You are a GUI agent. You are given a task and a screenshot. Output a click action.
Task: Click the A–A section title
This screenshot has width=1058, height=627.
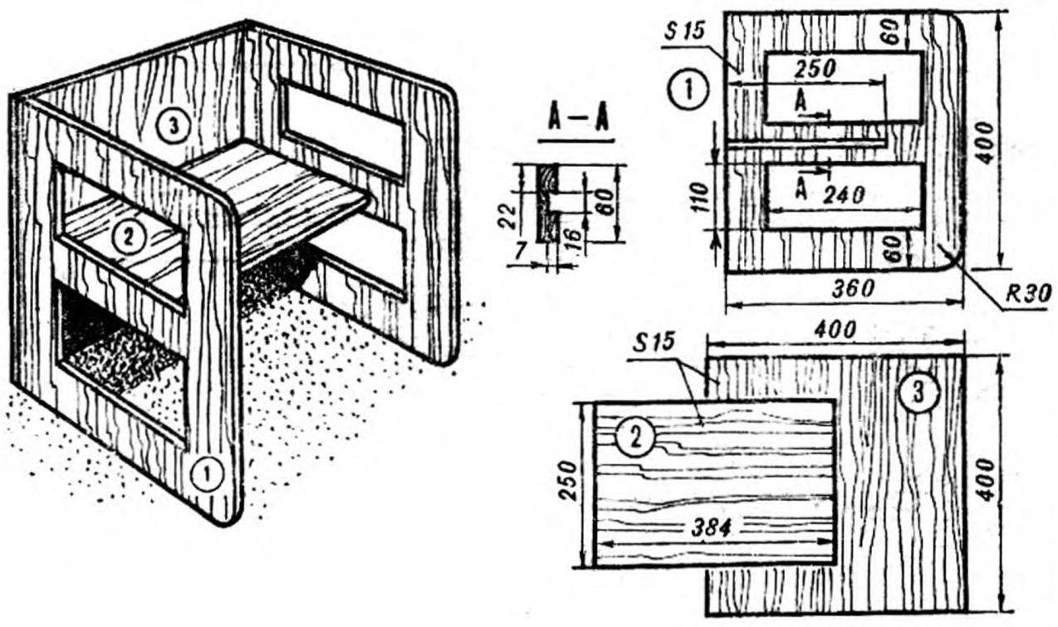pyautogui.click(x=577, y=119)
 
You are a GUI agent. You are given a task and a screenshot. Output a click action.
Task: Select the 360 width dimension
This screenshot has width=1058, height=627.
pyautogui.click(x=853, y=289)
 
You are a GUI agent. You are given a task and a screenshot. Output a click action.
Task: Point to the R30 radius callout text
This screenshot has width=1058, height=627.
pyautogui.click(x=1028, y=294)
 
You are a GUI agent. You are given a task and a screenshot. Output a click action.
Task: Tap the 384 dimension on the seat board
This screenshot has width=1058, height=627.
pyautogui.click(x=711, y=528)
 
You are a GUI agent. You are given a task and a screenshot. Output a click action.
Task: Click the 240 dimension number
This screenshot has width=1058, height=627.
pyautogui.click(x=844, y=194)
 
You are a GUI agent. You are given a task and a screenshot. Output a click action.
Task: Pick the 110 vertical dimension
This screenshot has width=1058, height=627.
pyautogui.click(x=701, y=198)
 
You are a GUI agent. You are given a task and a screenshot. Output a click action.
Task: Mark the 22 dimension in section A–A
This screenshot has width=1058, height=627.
pyautogui.click(x=509, y=217)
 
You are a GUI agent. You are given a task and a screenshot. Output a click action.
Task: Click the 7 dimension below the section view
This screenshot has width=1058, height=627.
pyautogui.click(x=519, y=252)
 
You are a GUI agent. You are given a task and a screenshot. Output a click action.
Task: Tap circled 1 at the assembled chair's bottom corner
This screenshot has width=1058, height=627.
pyautogui.click(x=207, y=474)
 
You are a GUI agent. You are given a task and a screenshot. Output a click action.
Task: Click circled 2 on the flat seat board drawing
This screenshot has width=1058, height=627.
pyautogui.click(x=635, y=438)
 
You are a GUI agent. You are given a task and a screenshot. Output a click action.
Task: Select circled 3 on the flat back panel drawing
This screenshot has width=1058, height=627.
pyautogui.click(x=918, y=392)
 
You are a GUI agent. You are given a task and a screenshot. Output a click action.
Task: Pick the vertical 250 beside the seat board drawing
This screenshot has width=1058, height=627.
pyautogui.click(x=568, y=481)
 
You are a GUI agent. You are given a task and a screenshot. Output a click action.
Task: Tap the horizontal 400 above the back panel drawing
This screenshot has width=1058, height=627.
pyautogui.click(x=835, y=331)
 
